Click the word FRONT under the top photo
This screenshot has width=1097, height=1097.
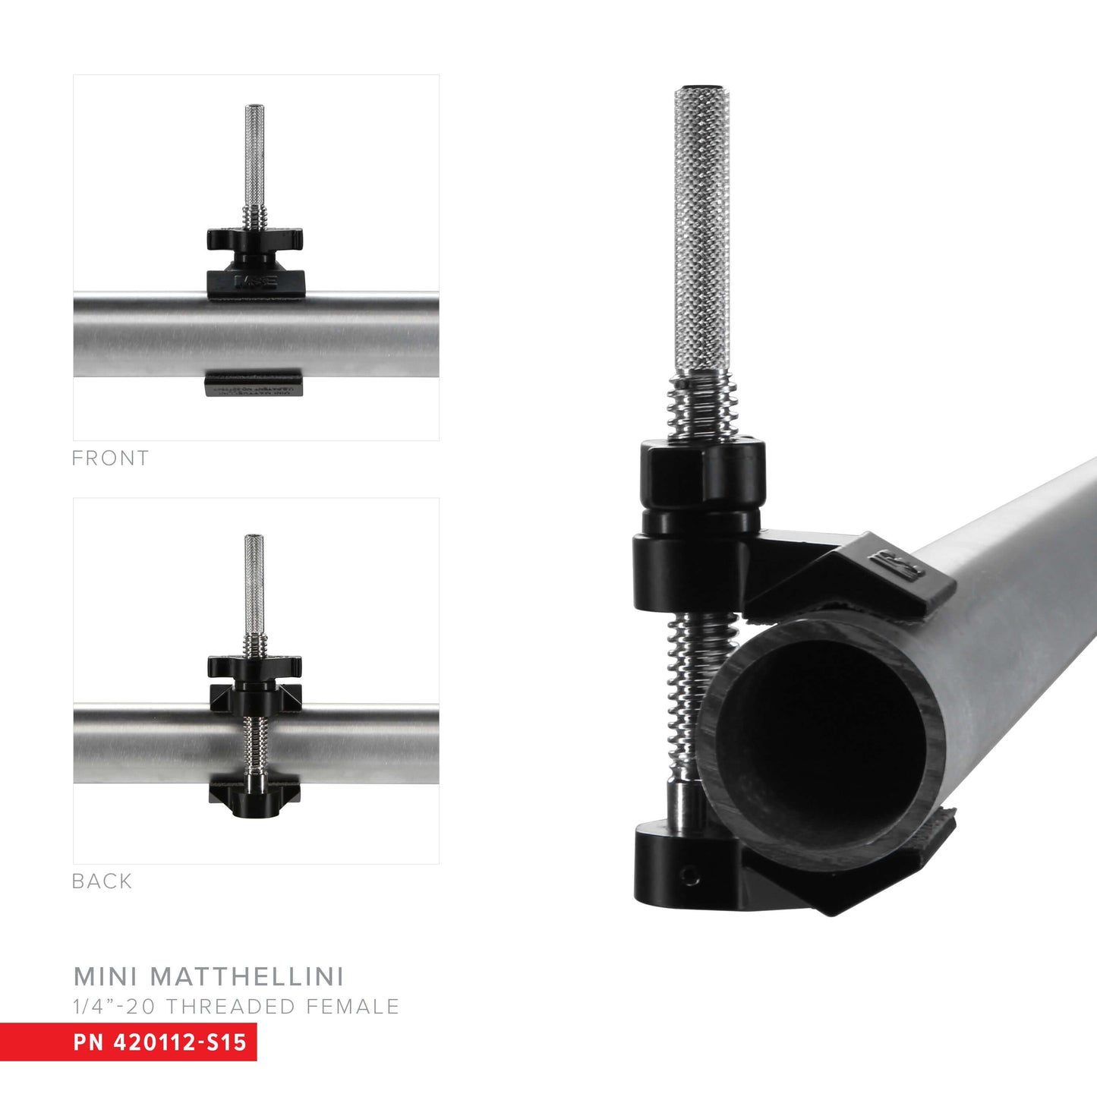pyautogui.click(x=110, y=459)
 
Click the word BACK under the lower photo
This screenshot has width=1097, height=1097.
pyautogui.click(x=102, y=881)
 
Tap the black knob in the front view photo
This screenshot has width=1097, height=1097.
pyautogui.click(x=254, y=240)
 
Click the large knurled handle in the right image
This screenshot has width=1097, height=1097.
pyautogui.click(x=702, y=228)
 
